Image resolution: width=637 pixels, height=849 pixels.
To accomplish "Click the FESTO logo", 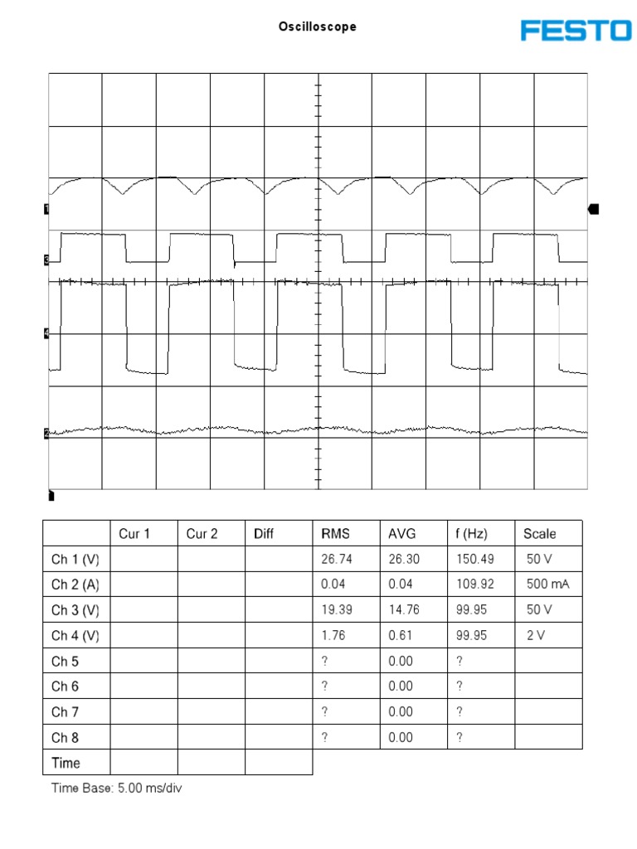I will point(576,31).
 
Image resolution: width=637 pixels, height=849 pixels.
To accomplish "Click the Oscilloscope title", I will point(318,27).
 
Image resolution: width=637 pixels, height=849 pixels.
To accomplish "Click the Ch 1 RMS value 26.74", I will point(337,560).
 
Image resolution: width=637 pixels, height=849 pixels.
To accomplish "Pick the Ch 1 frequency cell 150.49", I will point(474,560).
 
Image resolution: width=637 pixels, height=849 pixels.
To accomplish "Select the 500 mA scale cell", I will point(547,585).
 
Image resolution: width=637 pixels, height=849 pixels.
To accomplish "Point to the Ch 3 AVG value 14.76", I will point(405,610).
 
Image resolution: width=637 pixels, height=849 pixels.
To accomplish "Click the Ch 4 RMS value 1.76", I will point(333,636).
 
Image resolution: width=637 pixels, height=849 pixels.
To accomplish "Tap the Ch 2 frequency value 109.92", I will point(474,585).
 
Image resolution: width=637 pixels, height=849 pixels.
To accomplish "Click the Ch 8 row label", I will point(66,737).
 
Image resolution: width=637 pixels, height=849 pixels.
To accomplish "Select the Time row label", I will point(66,763).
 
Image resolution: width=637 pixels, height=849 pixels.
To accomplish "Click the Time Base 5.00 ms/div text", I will point(117,788).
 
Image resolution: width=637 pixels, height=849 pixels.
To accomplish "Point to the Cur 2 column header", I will point(202,534).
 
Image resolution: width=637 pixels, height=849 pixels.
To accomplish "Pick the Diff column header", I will point(264,534).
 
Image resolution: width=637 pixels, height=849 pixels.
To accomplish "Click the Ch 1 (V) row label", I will point(75,560).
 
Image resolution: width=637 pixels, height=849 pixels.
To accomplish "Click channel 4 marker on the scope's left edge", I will point(46,333).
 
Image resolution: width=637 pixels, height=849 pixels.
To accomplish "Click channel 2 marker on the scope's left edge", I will point(46,433).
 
